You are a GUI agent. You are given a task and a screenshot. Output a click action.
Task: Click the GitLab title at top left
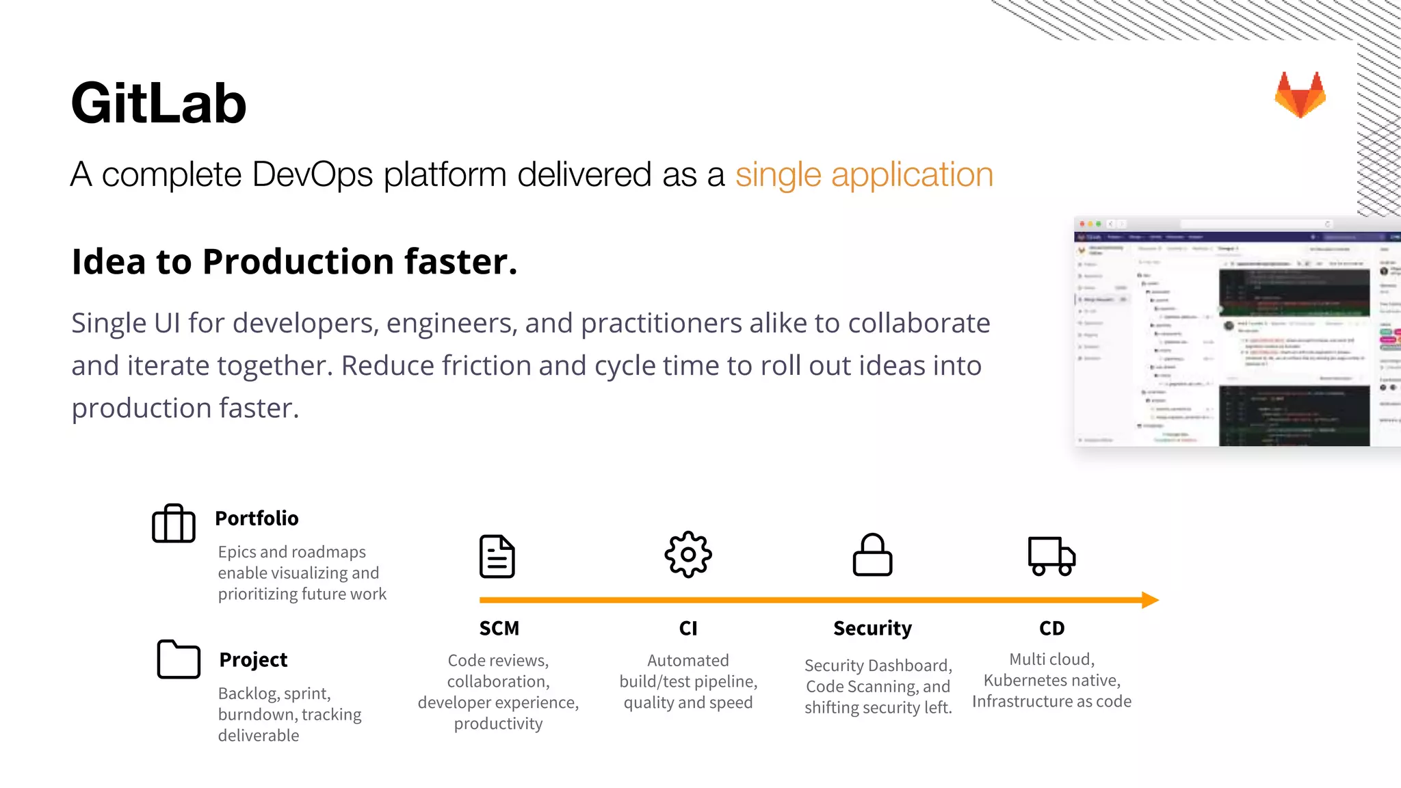(x=158, y=103)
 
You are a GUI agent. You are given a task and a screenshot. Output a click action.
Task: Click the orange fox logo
(x=1300, y=95)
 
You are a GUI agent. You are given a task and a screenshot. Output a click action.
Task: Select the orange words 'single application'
(x=864, y=174)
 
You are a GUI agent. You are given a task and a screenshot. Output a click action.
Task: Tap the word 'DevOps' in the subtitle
(x=313, y=174)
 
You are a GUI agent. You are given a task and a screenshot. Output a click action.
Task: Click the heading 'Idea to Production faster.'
(x=294, y=262)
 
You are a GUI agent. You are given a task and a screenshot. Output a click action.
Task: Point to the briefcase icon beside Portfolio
(x=174, y=524)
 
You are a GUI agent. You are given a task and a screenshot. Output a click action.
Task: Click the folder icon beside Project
(x=179, y=659)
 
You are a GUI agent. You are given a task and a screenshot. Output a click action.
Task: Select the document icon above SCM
(x=497, y=556)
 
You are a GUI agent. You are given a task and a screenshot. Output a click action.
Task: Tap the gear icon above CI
(x=688, y=555)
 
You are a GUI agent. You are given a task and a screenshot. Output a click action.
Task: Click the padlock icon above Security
(x=872, y=555)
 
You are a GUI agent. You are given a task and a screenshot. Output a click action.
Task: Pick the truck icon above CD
(x=1051, y=555)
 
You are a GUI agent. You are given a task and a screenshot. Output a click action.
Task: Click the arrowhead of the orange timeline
(x=1150, y=600)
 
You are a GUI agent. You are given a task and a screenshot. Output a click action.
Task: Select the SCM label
(x=499, y=628)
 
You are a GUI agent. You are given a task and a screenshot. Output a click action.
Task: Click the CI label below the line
(x=688, y=628)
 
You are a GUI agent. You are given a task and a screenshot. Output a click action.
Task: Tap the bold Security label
(x=872, y=628)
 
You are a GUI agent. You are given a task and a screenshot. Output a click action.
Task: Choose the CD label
(x=1051, y=628)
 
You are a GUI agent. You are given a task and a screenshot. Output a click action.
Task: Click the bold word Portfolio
(x=257, y=518)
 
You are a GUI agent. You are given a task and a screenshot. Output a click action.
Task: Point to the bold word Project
(x=253, y=659)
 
